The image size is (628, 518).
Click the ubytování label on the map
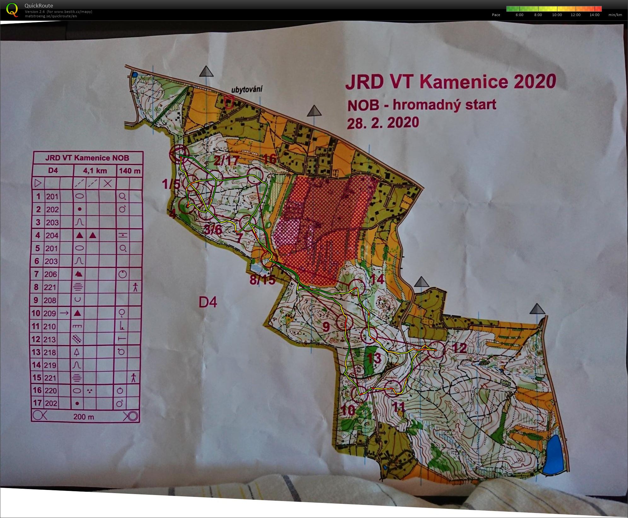coord(247,89)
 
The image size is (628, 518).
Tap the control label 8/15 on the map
coord(262,280)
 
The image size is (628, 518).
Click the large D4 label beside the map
coord(208,302)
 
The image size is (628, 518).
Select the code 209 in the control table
coord(50,313)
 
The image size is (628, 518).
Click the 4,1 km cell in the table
coord(95,171)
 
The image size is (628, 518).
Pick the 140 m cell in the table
coord(130,171)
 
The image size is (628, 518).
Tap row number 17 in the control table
coord(37,403)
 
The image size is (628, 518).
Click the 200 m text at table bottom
coord(84,417)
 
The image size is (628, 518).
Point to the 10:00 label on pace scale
coord(557,15)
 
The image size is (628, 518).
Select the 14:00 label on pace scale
coord(594,15)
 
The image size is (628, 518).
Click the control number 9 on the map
coord(326,327)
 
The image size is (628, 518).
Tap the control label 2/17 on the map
coord(226,161)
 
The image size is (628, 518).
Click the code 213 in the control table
coord(50,339)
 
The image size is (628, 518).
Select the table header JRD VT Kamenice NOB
coord(87,158)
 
